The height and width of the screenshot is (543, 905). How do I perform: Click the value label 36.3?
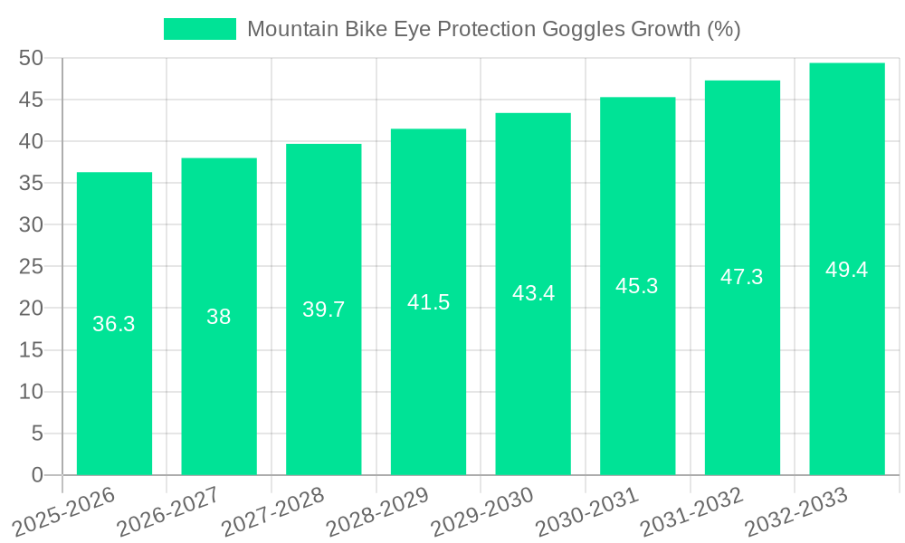click(114, 324)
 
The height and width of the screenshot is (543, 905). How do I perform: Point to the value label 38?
click(219, 317)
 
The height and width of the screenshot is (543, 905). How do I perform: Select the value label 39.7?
click(324, 310)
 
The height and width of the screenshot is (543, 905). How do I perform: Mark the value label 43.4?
click(533, 293)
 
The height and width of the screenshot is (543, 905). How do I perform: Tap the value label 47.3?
click(742, 277)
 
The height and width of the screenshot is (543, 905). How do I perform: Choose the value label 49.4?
click(847, 270)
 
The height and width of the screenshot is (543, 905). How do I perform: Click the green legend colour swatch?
click(200, 29)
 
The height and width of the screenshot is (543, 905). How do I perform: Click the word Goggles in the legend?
click(585, 29)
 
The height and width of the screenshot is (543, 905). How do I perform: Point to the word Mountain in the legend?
click(289, 29)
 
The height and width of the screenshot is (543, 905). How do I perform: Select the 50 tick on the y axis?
click(32, 58)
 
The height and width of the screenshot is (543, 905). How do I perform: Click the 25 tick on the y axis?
click(32, 267)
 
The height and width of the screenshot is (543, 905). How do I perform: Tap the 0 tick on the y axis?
click(37, 475)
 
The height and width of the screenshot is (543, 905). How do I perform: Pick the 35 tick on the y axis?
click(32, 183)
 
